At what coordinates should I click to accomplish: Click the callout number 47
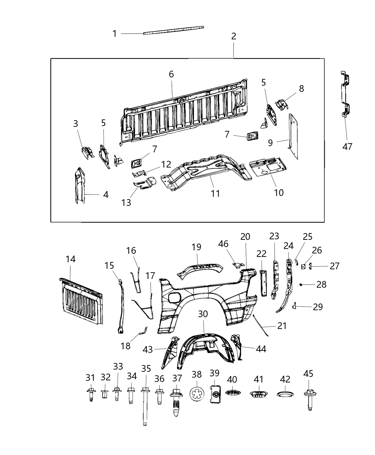pos(347,146)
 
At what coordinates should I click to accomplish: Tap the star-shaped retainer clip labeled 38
pos(197,395)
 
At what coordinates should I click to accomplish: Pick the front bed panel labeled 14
pos(81,301)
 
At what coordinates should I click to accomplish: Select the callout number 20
pos(245,237)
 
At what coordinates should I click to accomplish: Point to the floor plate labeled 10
pos(268,168)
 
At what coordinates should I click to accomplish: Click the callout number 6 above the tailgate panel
pos(171,74)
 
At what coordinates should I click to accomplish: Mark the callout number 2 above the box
pos(234,36)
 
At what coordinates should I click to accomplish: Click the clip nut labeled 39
pos(215,394)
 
